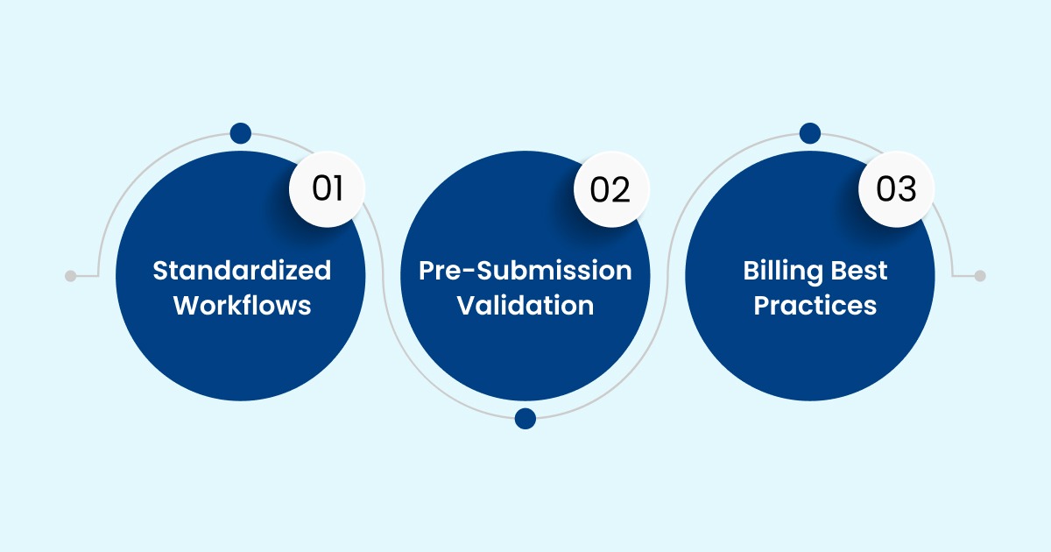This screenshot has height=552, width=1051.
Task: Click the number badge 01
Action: coord(327,189)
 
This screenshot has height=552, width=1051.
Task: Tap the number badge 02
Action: coord(610,189)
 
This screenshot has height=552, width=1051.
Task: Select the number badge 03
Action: coord(895,189)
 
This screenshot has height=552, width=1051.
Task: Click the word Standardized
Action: coord(242,271)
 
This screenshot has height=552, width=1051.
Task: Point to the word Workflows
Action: coord(242,305)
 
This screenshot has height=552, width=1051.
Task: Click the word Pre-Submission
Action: coord(525,271)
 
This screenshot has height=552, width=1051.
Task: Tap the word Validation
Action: coord(525,305)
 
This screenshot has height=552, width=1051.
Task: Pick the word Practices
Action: coord(815,305)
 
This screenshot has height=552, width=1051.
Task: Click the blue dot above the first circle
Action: coord(240,133)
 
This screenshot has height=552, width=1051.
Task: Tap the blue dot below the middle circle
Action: coord(525,418)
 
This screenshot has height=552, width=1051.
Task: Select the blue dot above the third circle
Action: coord(809,133)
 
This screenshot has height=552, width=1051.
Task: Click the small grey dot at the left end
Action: coord(71,275)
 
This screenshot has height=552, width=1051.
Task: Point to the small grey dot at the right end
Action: coord(980,275)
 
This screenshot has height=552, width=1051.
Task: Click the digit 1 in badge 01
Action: coord(337,189)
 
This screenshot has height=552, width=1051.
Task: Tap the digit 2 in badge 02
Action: coord(621,189)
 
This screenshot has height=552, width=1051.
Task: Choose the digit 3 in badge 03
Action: coord(906,189)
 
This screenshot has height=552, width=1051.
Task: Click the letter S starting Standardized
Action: coord(160,271)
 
